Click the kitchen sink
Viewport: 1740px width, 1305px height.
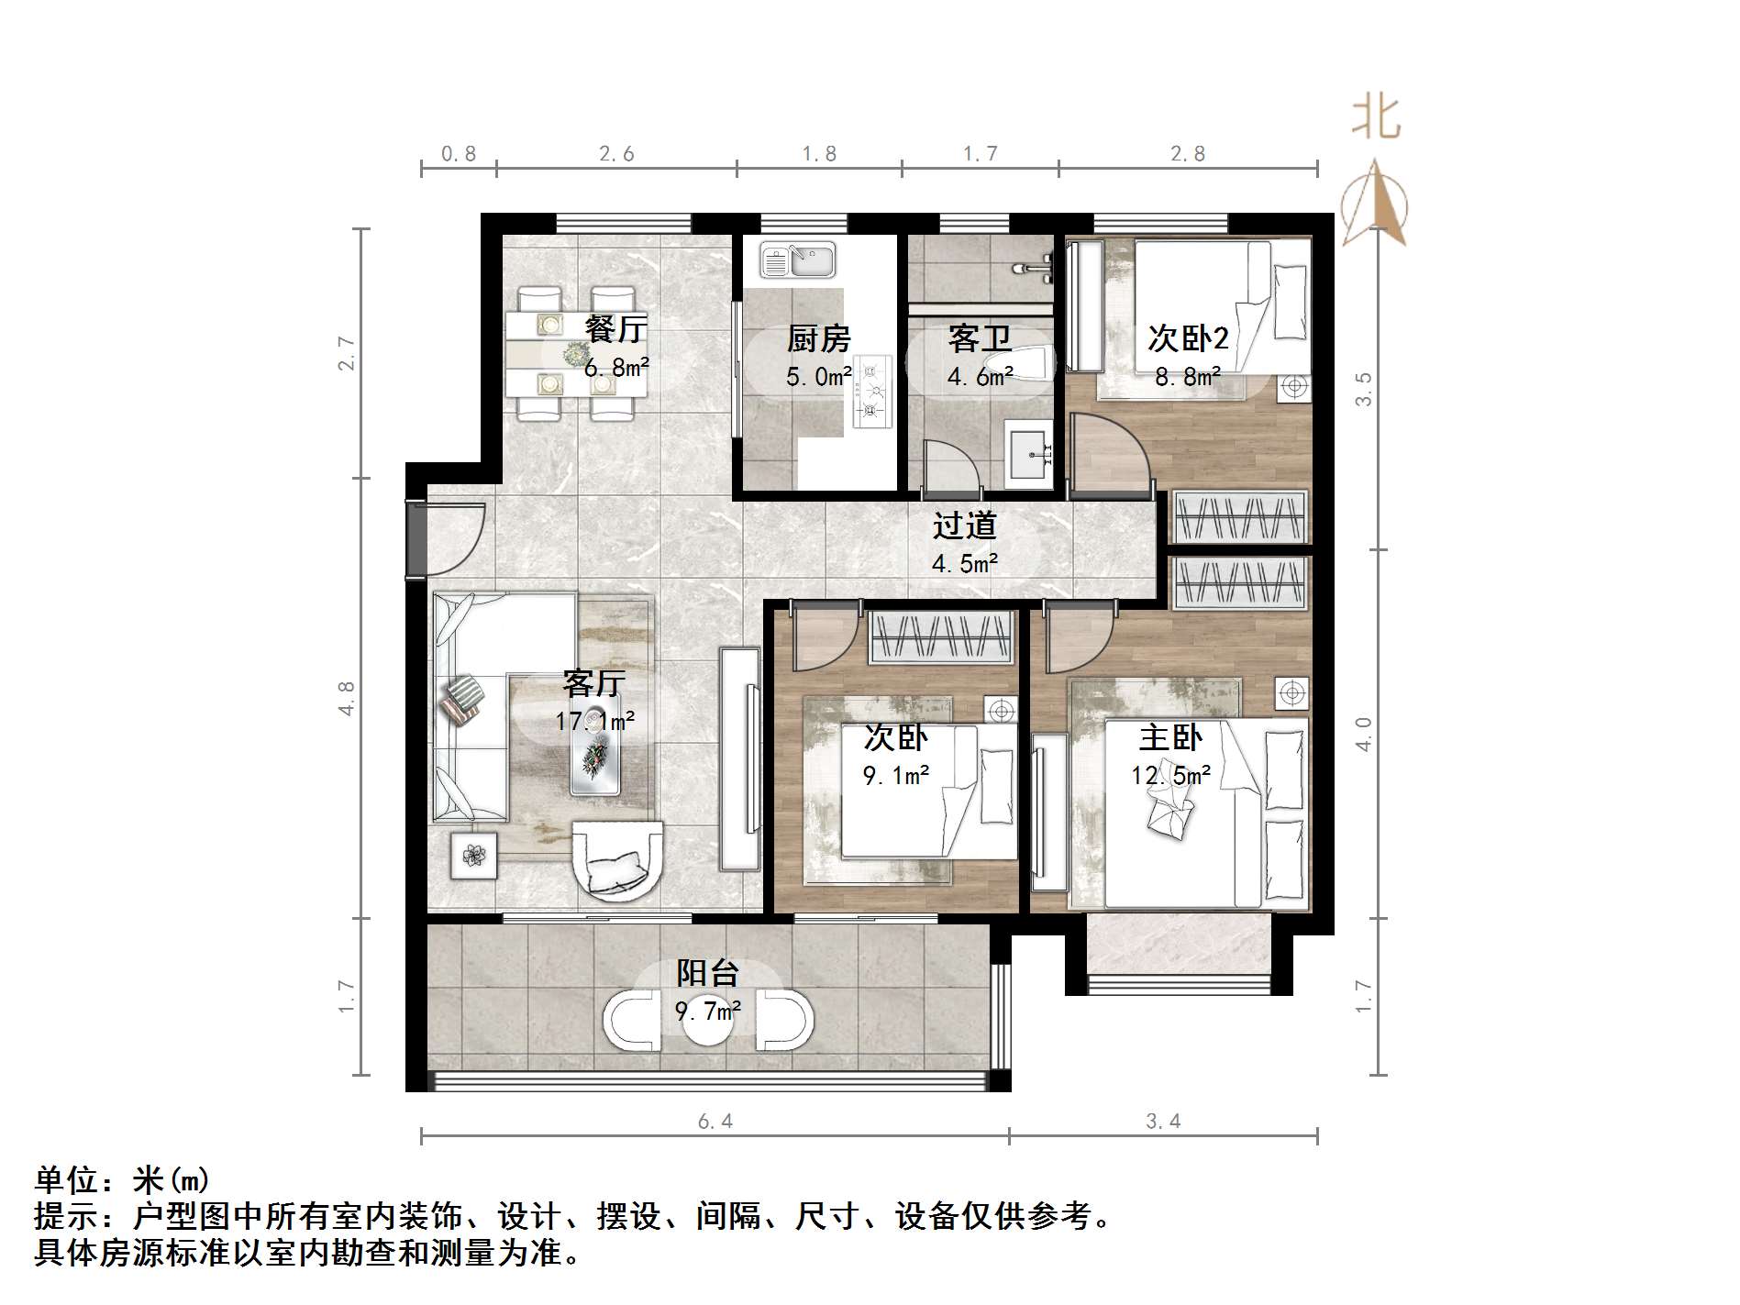click(x=797, y=260)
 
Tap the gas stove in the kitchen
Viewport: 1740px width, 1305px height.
click(x=871, y=391)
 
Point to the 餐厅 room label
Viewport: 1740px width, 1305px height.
click(x=615, y=328)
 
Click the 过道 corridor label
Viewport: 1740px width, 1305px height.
click(x=964, y=525)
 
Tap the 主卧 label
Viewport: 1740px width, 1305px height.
click(x=1170, y=737)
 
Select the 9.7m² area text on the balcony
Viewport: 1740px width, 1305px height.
click(x=708, y=1011)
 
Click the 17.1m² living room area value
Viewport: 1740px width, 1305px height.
click(x=594, y=722)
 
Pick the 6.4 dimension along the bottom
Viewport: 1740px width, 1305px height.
click(x=715, y=1121)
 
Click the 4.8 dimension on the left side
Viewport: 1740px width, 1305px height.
click(x=347, y=698)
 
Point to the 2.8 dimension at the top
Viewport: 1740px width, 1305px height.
click(x=1188, y=154)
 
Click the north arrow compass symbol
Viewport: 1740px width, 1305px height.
click(x=1374, y=204)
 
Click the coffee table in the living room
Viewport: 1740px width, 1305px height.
click(x=594, y=754)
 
